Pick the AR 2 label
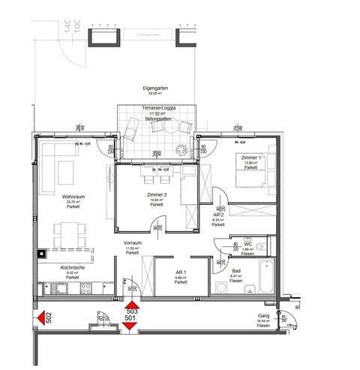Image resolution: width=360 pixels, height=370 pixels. tap(217, 214)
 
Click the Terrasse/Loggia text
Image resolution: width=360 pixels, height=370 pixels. tap(156, 109)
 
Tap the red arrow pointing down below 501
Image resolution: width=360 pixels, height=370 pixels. tap(131, 324)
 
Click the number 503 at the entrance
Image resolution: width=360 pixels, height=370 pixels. tap(131, 311)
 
